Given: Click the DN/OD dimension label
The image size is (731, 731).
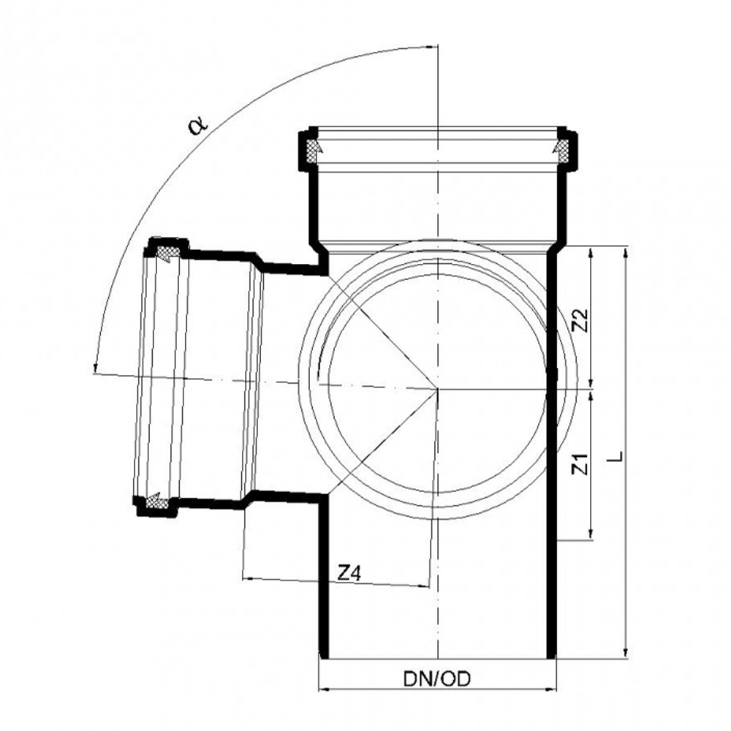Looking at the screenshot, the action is coord(437,679).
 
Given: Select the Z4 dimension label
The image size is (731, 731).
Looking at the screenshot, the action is coord(349,573).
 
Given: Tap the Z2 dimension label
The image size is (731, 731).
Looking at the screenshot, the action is coord(581,320).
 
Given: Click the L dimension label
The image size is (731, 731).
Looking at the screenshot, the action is coord(616,456).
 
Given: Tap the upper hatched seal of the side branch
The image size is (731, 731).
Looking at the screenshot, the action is coord(167,253).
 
